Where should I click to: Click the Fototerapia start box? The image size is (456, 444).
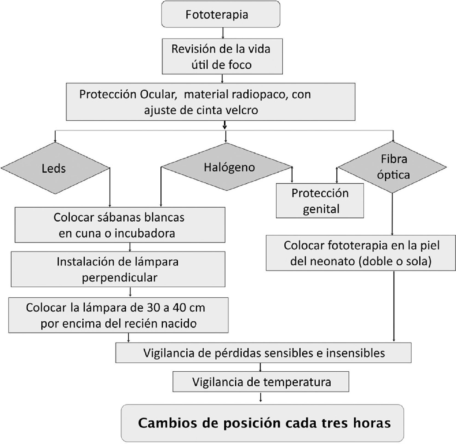pyautogui.click(x=221, y=14)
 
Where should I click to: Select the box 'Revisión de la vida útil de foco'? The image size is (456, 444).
pyautogui.click(x=222, y=57)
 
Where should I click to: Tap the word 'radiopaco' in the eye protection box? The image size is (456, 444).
pyautogui.click(x=256, y=94)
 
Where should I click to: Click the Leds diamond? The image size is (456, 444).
pyautogui.click(x=55, y=168)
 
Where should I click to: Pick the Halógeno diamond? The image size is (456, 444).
pyautogui.click(x=227, y=167)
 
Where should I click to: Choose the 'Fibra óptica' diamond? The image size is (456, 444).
pyautogui.click(x=393, y=167)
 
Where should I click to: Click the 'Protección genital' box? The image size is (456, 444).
pyautogui.click(x=320, y=201)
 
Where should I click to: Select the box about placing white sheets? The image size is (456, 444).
pyautogui.click(x=120, y=225)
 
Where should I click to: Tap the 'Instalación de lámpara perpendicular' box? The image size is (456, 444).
pyautogui.click(x=118, y=269)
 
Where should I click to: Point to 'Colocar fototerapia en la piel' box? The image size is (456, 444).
pyautogui.click(x=361, y=253)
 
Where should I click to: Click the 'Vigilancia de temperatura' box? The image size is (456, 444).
pyautogui.click(x=261, y=382)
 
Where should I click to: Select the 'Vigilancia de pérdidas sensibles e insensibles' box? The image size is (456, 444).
pyautogui.click(x=263, y=353)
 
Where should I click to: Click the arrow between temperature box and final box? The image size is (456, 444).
pyautogui.click(x=260, y=397)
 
